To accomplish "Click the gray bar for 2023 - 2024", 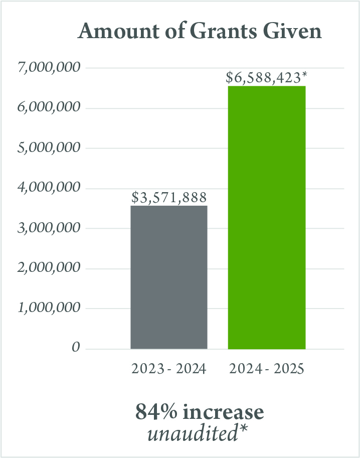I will coord(169,277).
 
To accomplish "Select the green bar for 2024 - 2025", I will coord(267,217).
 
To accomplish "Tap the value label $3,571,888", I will coord(169,197).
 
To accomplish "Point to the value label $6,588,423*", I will coord(266,78).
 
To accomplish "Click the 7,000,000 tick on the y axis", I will coord(49,67).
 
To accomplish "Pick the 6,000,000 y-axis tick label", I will coord(49,107).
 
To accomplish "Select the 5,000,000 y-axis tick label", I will coord(49,147).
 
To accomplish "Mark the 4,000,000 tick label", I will coord(49,188).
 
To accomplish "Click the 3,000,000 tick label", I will coord(49,228).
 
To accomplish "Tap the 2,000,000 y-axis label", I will coord(49,268).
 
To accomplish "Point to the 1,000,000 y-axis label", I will coord(49,308).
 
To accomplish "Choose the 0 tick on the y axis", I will coord(76,348).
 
